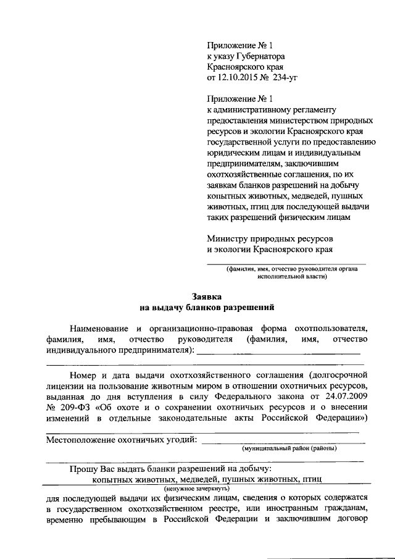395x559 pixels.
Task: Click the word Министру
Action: click(225, 238)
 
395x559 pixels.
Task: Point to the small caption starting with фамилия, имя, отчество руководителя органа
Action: click(287, 269)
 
